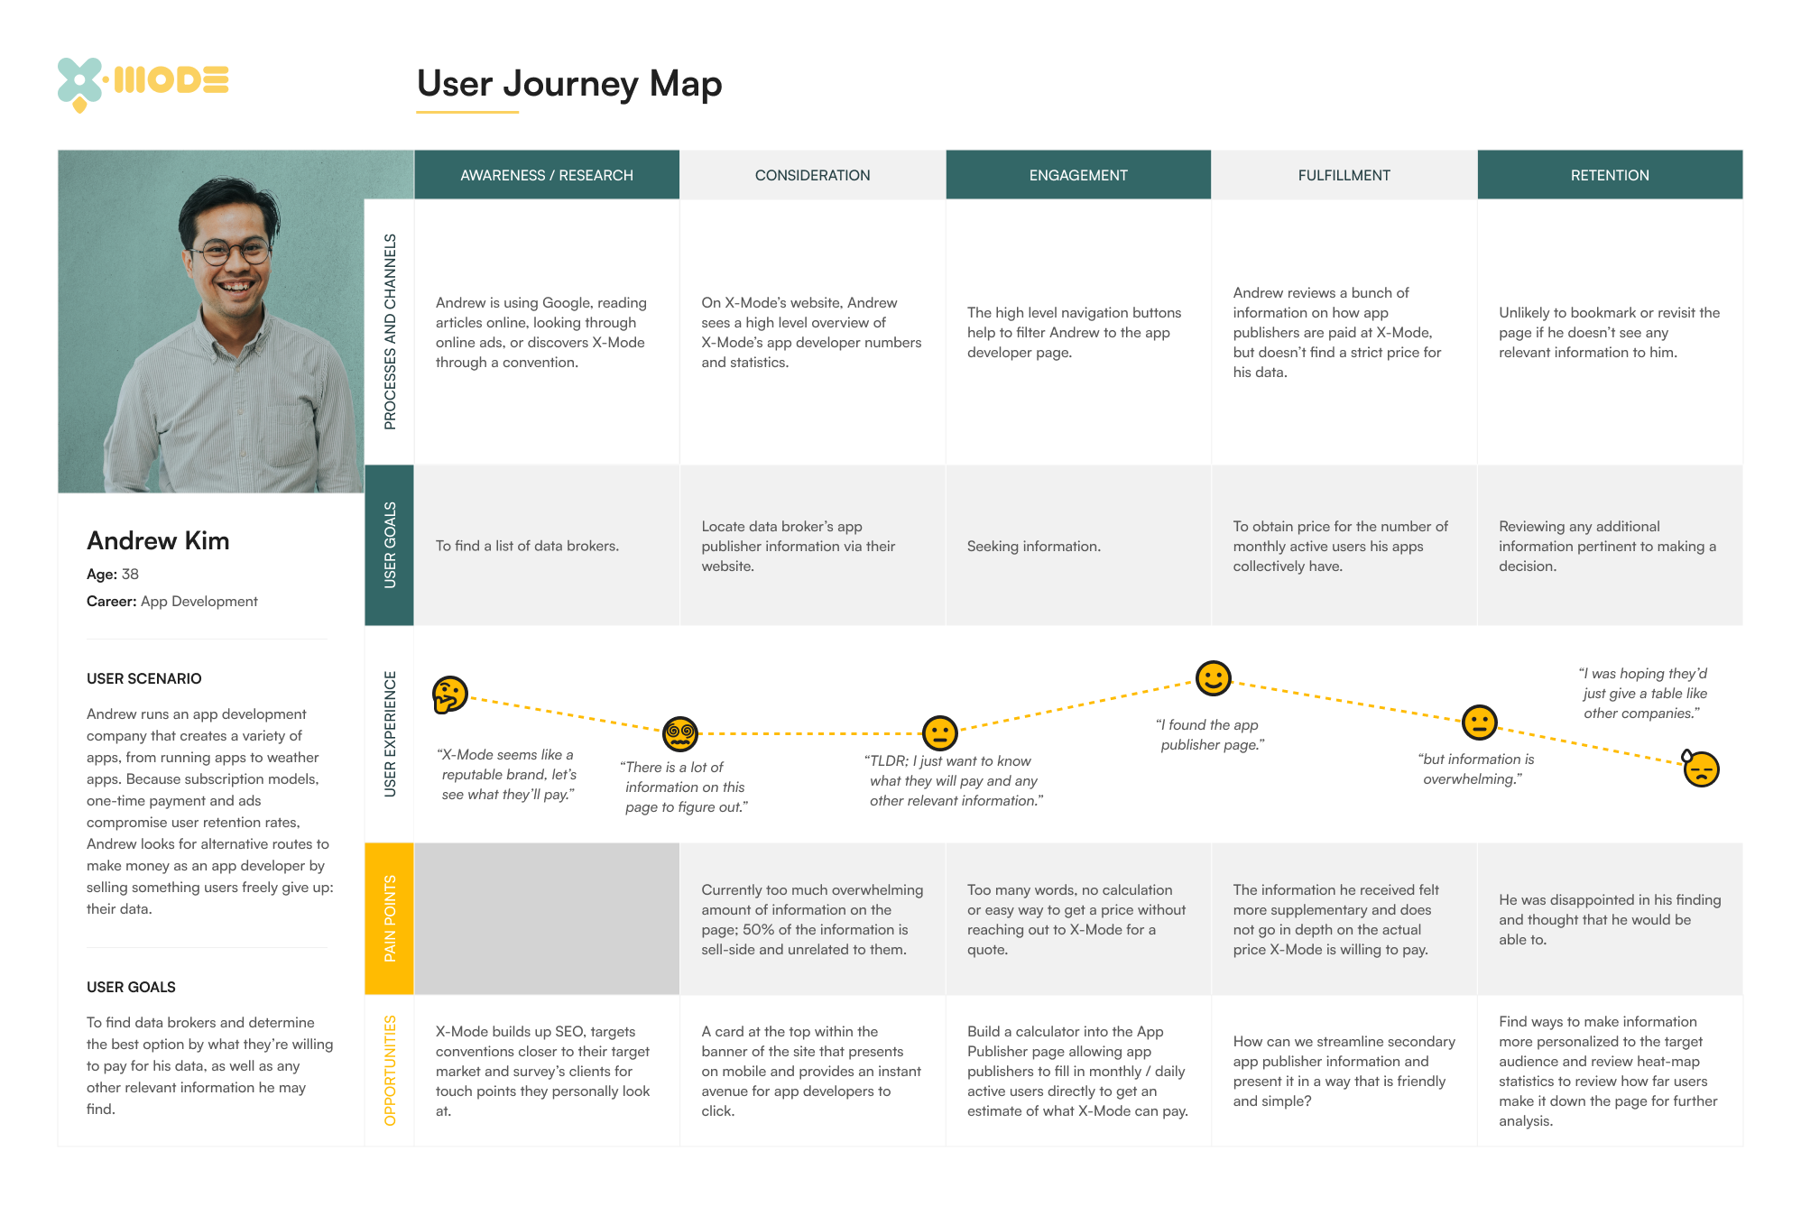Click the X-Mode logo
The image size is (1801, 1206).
(143, 84)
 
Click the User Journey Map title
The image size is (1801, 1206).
(569, 84)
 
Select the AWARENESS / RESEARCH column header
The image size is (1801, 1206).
(547, 175)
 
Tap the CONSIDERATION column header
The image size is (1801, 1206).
(812, 175)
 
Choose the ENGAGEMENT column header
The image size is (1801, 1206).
(1078, 175)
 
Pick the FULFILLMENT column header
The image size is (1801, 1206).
(1344, 175)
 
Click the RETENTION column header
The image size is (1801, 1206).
(1610, 175)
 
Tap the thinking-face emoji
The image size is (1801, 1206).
(449, 695)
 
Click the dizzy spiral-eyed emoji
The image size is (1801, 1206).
(680, 734)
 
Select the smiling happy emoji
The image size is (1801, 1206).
(1214, 678)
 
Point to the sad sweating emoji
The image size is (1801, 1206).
(1701, 769)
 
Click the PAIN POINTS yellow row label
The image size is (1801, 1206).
(390, 918)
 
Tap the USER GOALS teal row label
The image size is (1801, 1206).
(390, 545)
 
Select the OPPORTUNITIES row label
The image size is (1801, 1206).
(390, 1071)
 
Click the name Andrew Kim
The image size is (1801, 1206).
(158, 541)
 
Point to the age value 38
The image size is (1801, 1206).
(130, 574)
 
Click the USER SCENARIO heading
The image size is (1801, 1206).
(144, 678)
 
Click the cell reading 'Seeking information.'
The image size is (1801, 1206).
(1034, 546)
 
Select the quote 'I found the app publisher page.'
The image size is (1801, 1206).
(1210, 734)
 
